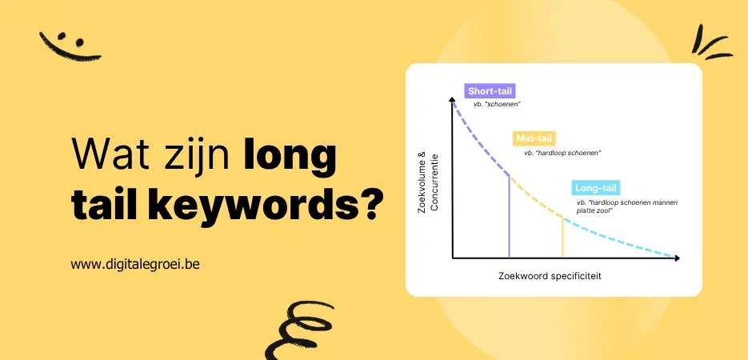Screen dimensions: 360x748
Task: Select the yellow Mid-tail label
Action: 534,138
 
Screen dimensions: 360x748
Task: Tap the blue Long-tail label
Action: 595,189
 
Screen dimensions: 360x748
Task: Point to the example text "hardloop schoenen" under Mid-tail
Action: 562,153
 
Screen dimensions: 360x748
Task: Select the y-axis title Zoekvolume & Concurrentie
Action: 429,182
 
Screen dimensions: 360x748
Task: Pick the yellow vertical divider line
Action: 562,237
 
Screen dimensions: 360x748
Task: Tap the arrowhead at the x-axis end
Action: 677,258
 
